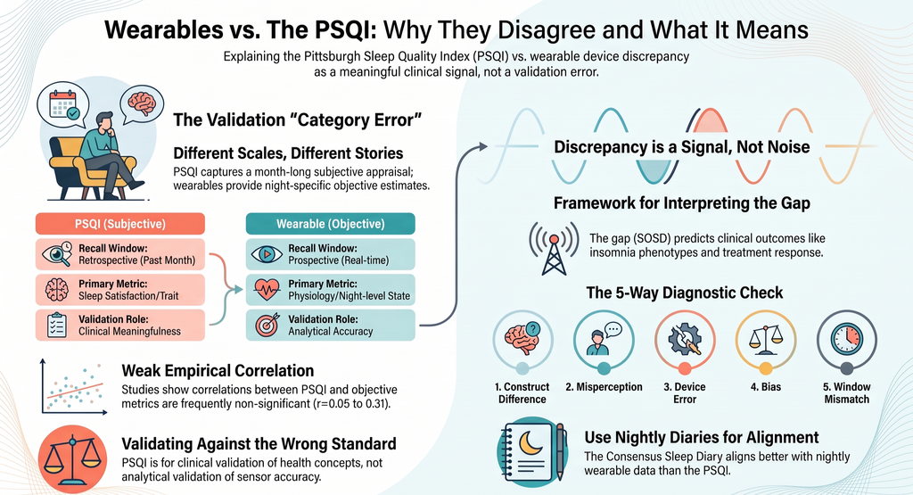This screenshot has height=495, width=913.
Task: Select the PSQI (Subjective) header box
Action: (x=120, y=224)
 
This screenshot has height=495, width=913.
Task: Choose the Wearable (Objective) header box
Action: (x=330, y=224)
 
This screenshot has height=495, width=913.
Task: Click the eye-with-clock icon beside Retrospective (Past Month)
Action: (x=57, y=254)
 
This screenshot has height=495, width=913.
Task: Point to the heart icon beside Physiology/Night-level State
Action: (x=267, y=290)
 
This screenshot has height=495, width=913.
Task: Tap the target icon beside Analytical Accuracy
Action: (x=267, y=325)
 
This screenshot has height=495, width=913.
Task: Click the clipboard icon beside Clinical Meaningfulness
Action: (x=57, y=325)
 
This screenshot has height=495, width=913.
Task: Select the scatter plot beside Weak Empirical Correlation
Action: (x=74, y=387)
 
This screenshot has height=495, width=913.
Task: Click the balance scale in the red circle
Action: (x=72, y=459)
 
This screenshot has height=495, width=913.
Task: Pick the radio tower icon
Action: (x=554, y=249)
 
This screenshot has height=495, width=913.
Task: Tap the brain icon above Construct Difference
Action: (x=522, y=338)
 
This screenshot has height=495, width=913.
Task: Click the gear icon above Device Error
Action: (x=685, y=340)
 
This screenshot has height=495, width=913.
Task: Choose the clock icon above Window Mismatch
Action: (x=847, y=339)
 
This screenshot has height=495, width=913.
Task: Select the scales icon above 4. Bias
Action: (x=765, y=340)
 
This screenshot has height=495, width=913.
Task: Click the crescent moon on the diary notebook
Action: (x=530, y=443)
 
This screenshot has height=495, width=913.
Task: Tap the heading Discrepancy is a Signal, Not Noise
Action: (x=682, y=147)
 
